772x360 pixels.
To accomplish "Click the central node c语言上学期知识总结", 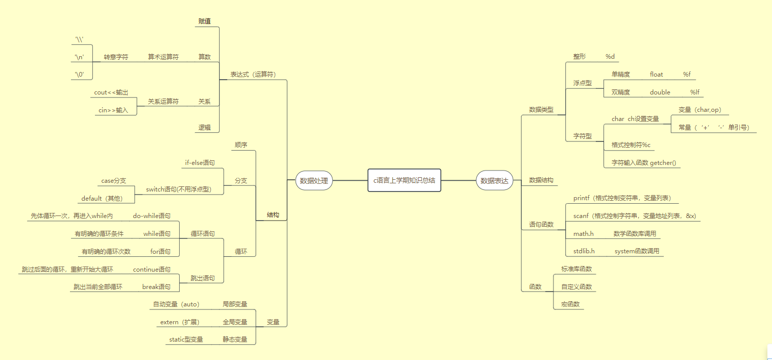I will coord(404,180).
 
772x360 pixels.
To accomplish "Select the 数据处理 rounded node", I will coord(313,180).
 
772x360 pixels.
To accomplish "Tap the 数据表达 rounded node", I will coord(494,180).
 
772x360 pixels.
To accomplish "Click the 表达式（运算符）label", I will coord(252,74).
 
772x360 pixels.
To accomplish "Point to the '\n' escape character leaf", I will coord(80,57).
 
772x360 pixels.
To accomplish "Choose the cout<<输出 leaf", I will coord(111,92).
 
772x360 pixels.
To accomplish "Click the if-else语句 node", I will coord(200,163).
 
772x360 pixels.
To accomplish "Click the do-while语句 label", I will coord(152,216).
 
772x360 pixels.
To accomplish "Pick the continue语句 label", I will coord(152,269).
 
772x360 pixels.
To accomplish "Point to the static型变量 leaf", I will coord(186,339).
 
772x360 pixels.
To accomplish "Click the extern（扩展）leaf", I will coord(179,322).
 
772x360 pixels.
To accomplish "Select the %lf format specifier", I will coord(694,92).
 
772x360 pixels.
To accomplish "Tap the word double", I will coord(660,92).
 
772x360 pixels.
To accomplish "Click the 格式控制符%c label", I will coord(631,145).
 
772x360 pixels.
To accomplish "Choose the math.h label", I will coord(583,234).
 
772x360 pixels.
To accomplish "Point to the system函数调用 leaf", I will coord(637,251).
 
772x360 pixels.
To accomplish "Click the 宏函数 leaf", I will coord(570,304).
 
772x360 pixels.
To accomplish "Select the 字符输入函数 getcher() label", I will coord(643,163).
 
